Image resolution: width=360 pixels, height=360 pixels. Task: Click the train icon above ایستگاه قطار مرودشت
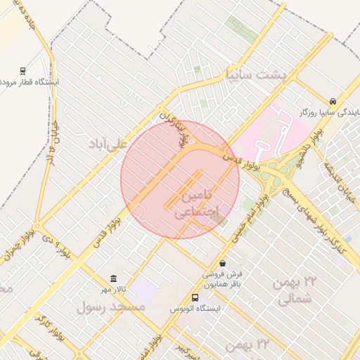[x=23, y=70]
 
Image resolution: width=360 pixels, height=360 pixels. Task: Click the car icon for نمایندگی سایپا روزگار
[x=333, y=101]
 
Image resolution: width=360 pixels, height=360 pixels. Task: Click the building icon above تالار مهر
[x=114, y=278]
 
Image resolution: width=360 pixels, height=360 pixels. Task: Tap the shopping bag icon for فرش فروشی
[x=223, y=263]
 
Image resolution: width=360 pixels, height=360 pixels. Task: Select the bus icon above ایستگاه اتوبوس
[x=195, y=297]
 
